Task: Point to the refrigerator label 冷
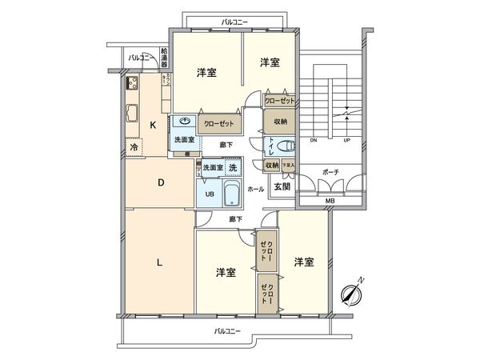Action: (134, 148)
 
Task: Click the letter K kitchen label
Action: (153, 124)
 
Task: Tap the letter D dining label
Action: (160, 183)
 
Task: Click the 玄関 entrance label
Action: (282, 186)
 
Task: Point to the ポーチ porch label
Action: (330, 172)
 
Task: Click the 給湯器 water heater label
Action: (164, 58)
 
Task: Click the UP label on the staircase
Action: (347, 141)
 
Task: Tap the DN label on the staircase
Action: (314, 141)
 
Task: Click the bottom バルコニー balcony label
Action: (229, 330)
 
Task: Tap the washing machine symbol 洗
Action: (232, 168)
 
